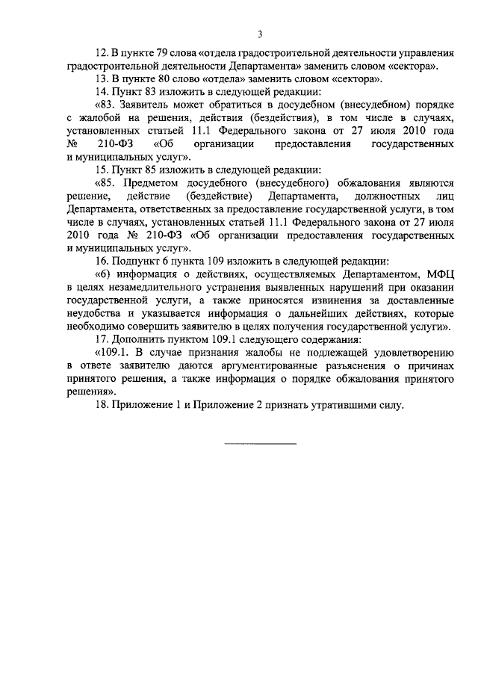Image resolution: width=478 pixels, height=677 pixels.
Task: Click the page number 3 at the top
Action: [x=259, y=34]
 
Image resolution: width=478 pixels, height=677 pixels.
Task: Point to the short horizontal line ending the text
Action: [x=259, y=443]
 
